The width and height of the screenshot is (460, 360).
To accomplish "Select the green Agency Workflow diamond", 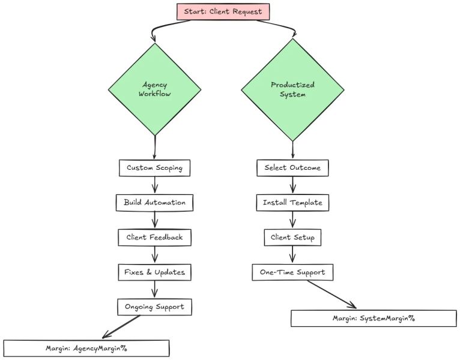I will [154, 89].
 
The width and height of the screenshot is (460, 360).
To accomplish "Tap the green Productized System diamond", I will [292, 89].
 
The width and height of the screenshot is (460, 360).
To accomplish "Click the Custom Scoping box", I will [154, 167].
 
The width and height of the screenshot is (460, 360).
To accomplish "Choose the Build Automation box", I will [155, 202].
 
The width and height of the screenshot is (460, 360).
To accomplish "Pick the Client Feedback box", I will [154, 237].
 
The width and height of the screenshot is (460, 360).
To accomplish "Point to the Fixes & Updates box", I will [154, 272].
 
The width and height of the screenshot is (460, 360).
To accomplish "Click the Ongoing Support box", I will [154, 307].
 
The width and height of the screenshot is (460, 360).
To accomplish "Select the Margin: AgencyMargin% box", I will [86, 348].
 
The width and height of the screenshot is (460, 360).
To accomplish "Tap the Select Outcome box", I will [292, 167].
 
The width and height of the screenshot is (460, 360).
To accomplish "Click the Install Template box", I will [292, 202].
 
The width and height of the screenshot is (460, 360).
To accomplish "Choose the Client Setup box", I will [292, 237].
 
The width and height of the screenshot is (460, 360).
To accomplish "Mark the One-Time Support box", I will [292, 272].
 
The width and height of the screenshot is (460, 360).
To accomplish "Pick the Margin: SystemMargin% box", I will [374, 318].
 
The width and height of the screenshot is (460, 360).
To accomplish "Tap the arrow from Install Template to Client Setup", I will [292, 220].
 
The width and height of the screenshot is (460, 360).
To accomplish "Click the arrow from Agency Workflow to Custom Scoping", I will [155, 147].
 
